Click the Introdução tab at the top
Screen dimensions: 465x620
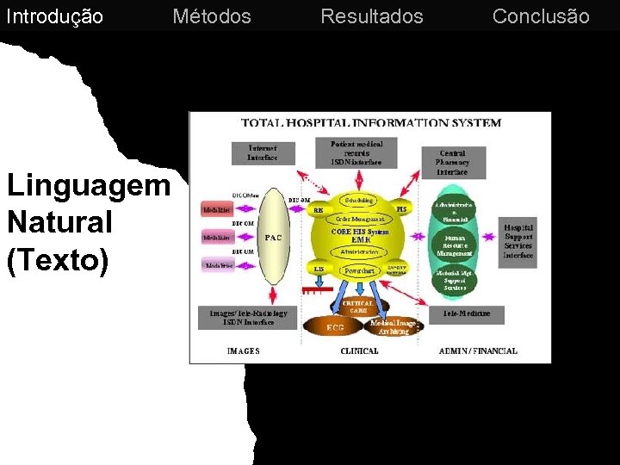(x=54, y=16)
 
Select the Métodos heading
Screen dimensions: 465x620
(x=212, y=16)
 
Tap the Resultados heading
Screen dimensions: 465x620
(x=372, y=16)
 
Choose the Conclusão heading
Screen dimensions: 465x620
(x=541, y=16)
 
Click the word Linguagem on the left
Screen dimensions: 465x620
(x=89, y=185)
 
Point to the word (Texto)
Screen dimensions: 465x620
(x=58, y=259)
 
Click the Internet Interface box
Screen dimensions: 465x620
(x=263, y=152)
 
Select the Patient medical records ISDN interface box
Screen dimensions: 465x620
(x=356, y=152)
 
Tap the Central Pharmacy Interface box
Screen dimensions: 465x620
(x=452, y=162)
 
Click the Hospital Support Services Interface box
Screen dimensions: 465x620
(x=518, y=242)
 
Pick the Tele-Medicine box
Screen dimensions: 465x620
(x=466, y=313)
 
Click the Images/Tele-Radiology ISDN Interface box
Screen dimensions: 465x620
(x=248, y=317)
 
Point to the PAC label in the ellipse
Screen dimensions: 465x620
(x=274, y=237)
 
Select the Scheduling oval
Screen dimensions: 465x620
(x=359, y=201)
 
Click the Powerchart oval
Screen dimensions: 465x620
(x=359, y=270)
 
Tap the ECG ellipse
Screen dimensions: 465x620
(x=334, y=327)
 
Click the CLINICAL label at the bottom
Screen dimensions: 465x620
(x=359, y=351)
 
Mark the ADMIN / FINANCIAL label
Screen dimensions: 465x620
(x=478, y=351)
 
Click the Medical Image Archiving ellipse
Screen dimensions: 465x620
(x=393, y=327)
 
